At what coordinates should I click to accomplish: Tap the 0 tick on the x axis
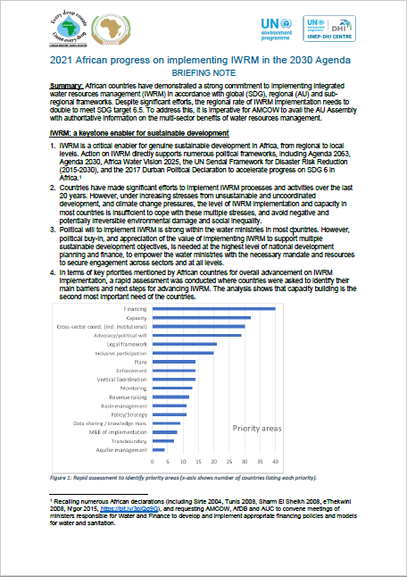point(154,462)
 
